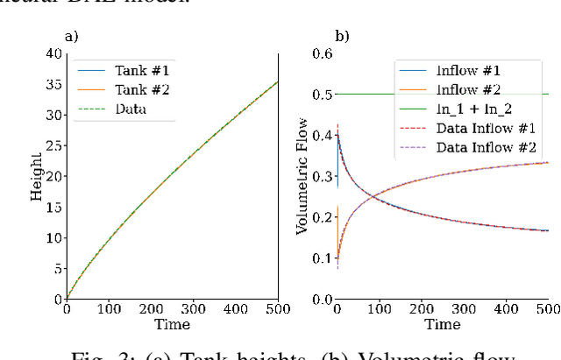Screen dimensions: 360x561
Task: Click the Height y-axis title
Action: coord(38,176)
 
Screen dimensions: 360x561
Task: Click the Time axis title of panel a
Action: coord(173,324)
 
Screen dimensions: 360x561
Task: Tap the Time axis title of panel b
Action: coord(443,324)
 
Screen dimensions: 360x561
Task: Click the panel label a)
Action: coord(72,37)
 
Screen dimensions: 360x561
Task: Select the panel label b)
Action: coord(343,37)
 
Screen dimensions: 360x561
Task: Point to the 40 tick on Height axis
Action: coord(53,54)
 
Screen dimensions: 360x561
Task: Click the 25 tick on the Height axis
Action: coord(53,145)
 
